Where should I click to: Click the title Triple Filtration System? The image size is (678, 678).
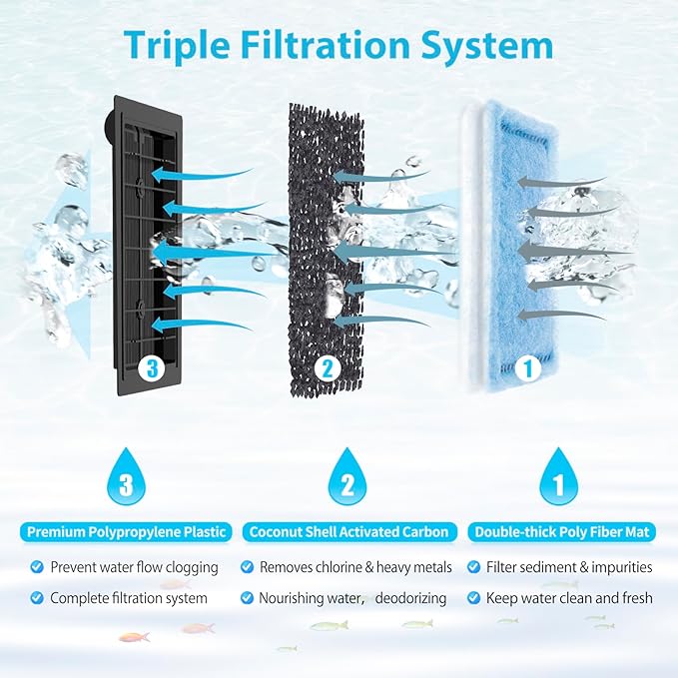[x=339, y=45]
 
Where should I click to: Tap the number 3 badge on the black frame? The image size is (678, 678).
[x=151, y=369]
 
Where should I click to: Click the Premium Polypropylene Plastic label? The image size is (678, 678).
[x=127, y=532]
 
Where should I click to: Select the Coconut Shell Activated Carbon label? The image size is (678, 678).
[x=347, y=532]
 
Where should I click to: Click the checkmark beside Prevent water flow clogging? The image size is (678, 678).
[x=37, y=567]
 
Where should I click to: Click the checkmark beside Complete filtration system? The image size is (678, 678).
[x=37, y=598]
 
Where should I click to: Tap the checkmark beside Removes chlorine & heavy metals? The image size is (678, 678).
[x=247, y=567]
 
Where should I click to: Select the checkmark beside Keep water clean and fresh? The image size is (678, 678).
[x=472, y=598]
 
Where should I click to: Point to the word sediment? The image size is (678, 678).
[x=550, y=567]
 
